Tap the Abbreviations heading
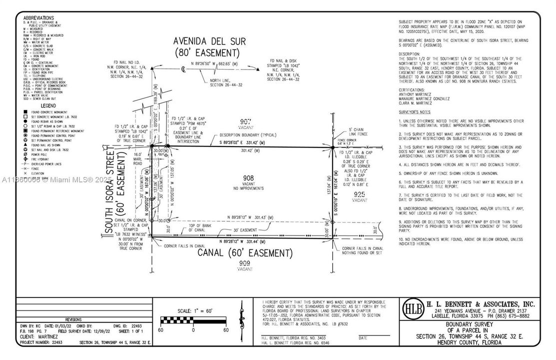38,18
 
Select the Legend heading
48,105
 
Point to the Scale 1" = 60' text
193,310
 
